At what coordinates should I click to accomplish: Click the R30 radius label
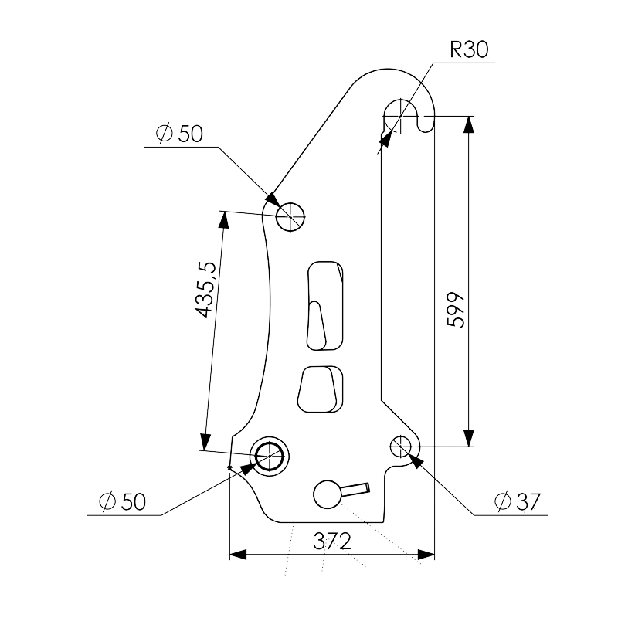(x=469, y=49)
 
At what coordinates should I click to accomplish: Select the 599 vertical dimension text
(x=457, y=311)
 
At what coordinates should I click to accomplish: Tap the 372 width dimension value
(x=332, y=542)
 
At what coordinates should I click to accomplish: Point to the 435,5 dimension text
(x=206, y=290)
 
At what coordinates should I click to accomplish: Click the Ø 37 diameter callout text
(x=518, y=501)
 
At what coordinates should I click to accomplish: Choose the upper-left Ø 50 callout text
(x=180, y=134)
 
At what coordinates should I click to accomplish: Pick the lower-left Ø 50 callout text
(x=123, y=501)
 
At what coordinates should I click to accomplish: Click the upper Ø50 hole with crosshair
(x=290, y=217)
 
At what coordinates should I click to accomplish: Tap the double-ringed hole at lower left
(x=270, y=457)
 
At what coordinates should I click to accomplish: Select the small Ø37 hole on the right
(x=400, y=447)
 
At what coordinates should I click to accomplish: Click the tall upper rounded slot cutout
(x=324, y=305)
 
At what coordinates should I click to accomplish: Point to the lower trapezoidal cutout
(x=320, y=389)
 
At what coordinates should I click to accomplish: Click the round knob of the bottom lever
(x=328, y=494)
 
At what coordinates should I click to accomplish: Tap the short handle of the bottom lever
(x=355, y=490)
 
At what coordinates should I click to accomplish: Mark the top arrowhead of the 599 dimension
(x=468, y=124)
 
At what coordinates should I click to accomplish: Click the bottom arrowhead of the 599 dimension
(x=468, y=438)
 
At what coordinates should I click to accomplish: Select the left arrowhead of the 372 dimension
(x=238, y=555)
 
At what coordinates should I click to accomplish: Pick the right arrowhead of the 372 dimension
(x=426, y=555)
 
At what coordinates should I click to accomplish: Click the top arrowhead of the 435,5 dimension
(x=223, y=220)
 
